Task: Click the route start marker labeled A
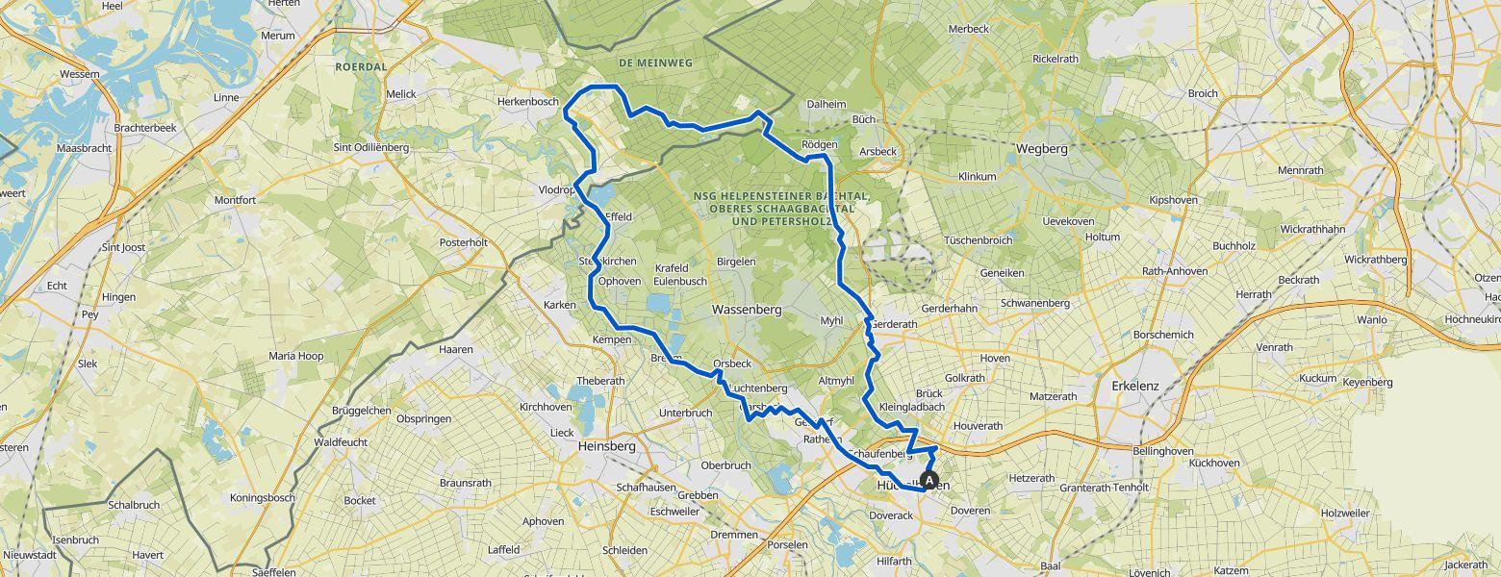coord(929,480)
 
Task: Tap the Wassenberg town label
coord(746,311)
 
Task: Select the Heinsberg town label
coord(607,446)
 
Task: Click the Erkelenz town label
coord(1135,386)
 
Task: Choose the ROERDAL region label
coord(361,67)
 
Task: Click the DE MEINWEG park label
coord(655,63)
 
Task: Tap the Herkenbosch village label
coord(527,102)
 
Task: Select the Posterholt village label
coord(464,242)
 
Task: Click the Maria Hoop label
coord(295,356)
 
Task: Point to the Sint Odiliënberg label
coord(370,147)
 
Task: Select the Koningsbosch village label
coord(262,497)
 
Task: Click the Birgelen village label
coord(736,262)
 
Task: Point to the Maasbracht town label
coord(85,149)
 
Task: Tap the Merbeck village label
coord(968,29)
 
